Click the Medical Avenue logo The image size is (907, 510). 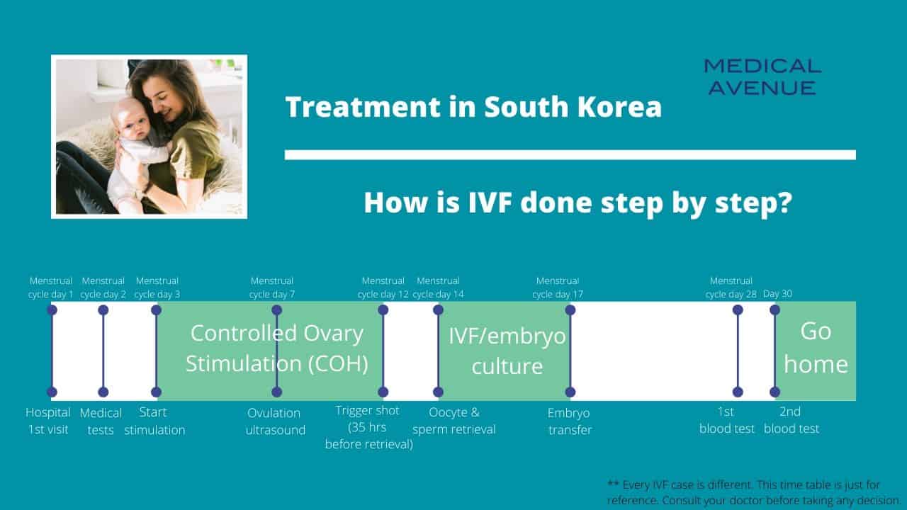[x=762, y=76]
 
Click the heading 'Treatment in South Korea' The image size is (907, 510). [x=473, y=107]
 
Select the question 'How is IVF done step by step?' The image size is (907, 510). [x=578, y=203]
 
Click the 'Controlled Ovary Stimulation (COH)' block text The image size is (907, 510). [x=277, y=348]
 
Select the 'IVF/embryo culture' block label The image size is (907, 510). [x=507, y=351]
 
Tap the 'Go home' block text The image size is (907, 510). [x=816, y=348]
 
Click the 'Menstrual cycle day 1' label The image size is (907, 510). [x=51, y=288]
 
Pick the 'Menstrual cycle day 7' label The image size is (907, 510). [x=272, y=288]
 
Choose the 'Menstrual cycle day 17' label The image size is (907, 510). [x=558, y=288]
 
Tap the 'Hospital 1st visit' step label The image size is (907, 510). [x=48, y=421]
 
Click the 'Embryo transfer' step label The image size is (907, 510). [x=569, y=421]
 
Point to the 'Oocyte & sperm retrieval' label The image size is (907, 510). [x=454, y=421]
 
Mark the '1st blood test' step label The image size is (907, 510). [x=727, y=420]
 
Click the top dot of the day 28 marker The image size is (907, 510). [x=738, y=310]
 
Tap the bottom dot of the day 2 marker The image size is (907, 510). [x=103, y=392]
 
